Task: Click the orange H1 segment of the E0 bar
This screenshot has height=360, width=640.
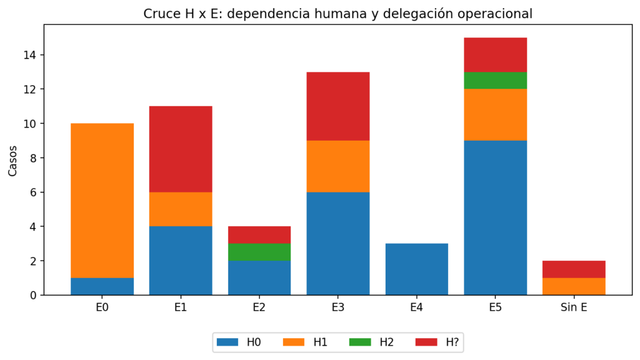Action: [x=102, y=201]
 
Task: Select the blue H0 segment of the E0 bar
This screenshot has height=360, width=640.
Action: [x=102, y=286]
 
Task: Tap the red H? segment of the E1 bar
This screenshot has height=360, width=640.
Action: [x=181, y=149]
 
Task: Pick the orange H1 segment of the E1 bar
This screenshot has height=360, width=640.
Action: [x=181, y=209]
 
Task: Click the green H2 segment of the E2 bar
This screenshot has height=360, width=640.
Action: [x=259, y=252]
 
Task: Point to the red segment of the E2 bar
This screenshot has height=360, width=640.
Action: [x=259, y=235]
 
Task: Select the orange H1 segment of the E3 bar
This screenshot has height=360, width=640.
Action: [x=338, y=166]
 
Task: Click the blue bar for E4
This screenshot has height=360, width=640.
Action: [x=417, y=269]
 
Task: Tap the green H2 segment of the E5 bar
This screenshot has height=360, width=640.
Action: [x=496, y=81]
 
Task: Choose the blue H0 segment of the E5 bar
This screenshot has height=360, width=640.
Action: [x=496, y=218]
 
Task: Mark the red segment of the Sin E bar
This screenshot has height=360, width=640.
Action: [x=574, y=269]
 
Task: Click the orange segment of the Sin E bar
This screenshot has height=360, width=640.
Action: [x=574, y=286]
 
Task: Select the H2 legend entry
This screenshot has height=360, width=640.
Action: [x=371, y=342]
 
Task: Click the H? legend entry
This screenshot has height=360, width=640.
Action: [x=437, y=342]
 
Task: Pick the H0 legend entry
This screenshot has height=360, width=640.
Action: [x=239, y=342]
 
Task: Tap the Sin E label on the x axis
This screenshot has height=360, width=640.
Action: [x=574, y=307]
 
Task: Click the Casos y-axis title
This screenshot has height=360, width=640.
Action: [x=12, y=161]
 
